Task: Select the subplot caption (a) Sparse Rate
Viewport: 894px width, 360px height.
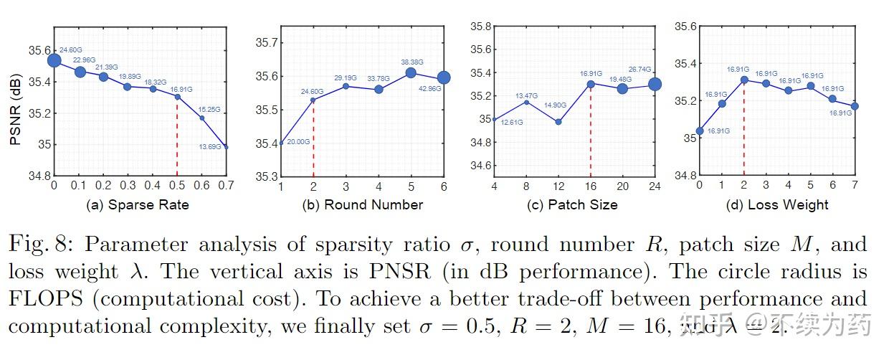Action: tap(138, 204)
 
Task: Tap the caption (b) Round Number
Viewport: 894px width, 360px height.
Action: tap(363, 204)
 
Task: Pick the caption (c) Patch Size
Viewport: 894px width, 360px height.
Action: tap(572, 204)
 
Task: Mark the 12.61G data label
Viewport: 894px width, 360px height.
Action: tap(510, 123)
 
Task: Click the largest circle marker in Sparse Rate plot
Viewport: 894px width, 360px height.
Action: tap(54, 60)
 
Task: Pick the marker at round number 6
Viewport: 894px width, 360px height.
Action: tap(444, 77)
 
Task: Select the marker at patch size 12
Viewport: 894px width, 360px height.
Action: tap(558, 122)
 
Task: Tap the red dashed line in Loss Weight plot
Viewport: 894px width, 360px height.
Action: tap(744, 129)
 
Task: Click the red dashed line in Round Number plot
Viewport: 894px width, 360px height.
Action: tap(313, 140)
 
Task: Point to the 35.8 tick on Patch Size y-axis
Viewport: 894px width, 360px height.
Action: tap(480, 27)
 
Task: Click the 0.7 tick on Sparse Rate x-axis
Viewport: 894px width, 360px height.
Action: tap(226, 186)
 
